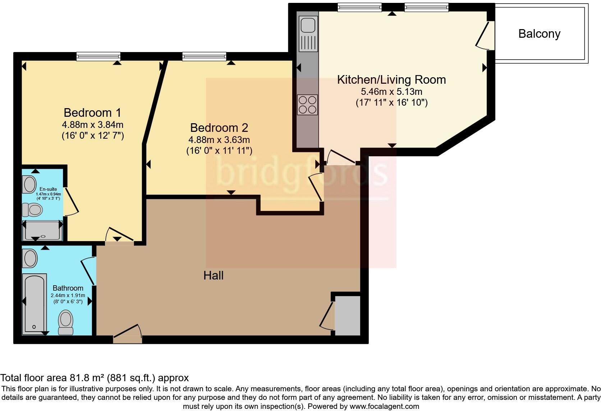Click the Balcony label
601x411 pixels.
point(539,34)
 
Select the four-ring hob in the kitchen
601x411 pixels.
point(307,105)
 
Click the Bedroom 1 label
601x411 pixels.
point(92,112)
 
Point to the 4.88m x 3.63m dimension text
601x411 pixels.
point(219,140)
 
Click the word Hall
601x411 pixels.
point(214,276)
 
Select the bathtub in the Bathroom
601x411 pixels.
point(35,304)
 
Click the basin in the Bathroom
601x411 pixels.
point(30,258)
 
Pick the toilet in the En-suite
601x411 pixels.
point(33,209)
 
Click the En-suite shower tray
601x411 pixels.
point(42,230)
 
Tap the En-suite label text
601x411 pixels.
point(48,189)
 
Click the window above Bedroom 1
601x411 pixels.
point(98,56)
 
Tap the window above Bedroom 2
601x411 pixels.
point(204,56)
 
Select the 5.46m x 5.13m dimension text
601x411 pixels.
point(391,92)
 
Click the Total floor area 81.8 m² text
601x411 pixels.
point(94,378)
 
